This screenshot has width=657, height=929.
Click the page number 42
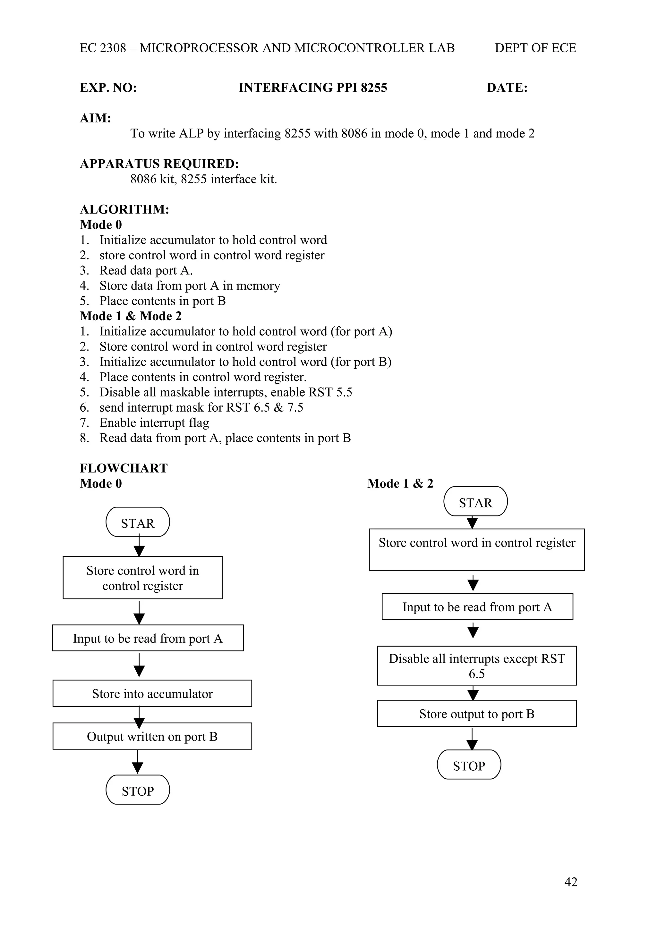pos(570,881)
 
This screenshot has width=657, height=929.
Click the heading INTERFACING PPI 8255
pos(312,88)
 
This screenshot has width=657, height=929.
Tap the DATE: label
pos(507,88)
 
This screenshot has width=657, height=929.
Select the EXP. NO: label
pos(108,88)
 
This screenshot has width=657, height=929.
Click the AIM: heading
pos(95,118)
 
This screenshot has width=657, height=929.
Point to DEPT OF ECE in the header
pos(535,48)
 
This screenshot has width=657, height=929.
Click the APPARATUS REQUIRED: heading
pos(159,164)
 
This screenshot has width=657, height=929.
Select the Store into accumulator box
pos(152,693)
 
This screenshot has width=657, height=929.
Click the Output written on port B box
pos(152,736)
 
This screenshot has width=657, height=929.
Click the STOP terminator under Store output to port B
pos(469,766)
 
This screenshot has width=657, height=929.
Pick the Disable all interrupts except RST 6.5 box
pos(476,665)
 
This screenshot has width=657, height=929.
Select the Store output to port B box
pos(476,714)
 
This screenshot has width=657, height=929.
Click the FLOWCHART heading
pos(124,468)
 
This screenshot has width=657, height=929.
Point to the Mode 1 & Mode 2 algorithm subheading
pos(130,316)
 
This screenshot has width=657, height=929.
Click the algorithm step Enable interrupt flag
pos(154,423)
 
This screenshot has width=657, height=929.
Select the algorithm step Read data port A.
pos(146,270)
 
